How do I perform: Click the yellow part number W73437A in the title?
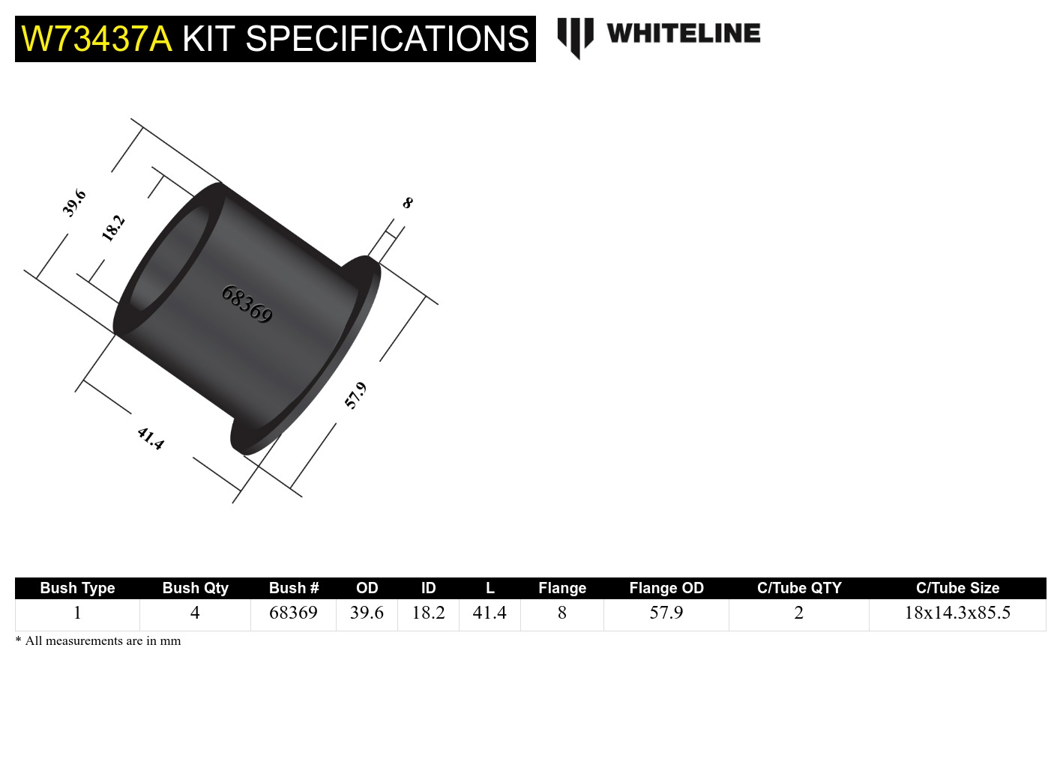point(97,39)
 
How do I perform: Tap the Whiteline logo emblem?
point(575,36)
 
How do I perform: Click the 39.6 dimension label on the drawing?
point(74,203)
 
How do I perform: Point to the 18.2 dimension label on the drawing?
point(112,228)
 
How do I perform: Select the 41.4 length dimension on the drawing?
point(151,438)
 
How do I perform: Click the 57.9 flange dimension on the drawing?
point(355,395)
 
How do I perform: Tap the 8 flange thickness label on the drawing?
point(408,203)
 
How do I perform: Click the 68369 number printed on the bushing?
point(247,304)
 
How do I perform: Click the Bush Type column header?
point(77,588)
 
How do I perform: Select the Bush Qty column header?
point(195,588)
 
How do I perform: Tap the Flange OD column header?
point(666,588)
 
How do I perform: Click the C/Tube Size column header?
point(957,588)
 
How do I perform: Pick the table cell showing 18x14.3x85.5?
point(957,613)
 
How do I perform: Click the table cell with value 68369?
point(293,613)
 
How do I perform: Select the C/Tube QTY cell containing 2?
point(798,613)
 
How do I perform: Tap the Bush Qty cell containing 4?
point(195,613)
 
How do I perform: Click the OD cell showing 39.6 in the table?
point(367,613)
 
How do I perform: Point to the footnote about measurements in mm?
point(98,641)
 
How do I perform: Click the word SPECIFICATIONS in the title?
point(387,39)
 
